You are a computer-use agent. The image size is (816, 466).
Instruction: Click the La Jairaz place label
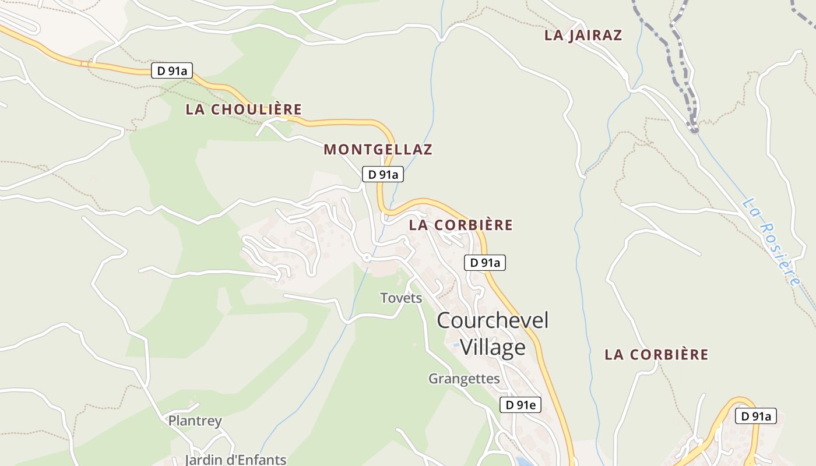583,35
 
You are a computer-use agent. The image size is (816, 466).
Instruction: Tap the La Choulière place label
244,110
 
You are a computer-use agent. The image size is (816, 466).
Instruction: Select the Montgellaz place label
378,150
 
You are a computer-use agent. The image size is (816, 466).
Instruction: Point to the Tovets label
401,298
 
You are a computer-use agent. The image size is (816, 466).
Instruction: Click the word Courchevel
493,320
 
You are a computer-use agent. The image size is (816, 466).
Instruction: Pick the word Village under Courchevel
493,347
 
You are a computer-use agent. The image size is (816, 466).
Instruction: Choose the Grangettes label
464,379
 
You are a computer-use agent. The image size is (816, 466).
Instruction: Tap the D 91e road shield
520,405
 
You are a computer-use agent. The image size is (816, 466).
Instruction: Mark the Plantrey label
195,421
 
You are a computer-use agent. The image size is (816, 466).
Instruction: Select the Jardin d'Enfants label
235,459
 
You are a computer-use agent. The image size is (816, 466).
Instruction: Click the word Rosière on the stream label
781,256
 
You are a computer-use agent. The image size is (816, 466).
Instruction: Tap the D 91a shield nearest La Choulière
172,70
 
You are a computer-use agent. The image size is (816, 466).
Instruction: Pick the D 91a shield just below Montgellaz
383,174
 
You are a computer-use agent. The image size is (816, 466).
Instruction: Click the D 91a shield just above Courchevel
485,263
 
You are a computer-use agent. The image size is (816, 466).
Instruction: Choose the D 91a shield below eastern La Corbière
756,416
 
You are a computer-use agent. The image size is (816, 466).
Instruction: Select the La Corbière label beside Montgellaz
460,225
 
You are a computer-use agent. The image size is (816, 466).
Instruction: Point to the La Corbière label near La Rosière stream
656,354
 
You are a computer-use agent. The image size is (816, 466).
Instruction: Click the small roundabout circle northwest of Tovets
367,257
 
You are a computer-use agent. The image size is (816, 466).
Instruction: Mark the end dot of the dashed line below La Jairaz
694,129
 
